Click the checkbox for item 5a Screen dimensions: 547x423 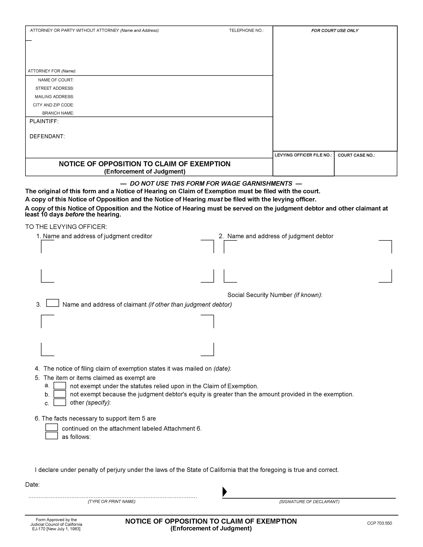click(x=60, y=386)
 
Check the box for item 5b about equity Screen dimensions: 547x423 click(x=60, y=394)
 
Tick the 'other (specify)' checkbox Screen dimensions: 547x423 click(x=60, y=402)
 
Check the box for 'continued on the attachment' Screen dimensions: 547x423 click(x=52, y=427)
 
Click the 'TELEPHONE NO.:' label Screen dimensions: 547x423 click(x=246, y=30)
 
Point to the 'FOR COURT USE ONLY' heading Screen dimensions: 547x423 click(x=335, y=30)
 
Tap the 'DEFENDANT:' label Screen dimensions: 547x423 click(x=47, y=136)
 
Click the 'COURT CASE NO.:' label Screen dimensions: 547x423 click(x=356, y=155)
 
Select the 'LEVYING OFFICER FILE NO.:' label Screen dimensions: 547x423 click(x=303, y=155)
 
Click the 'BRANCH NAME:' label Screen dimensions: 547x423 click(x=58, y=113)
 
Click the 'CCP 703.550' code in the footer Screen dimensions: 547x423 click(x=379, y=523)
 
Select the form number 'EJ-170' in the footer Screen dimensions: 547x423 click(x=39, y=529)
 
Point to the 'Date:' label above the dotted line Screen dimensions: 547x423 click(x=32, y=485)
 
